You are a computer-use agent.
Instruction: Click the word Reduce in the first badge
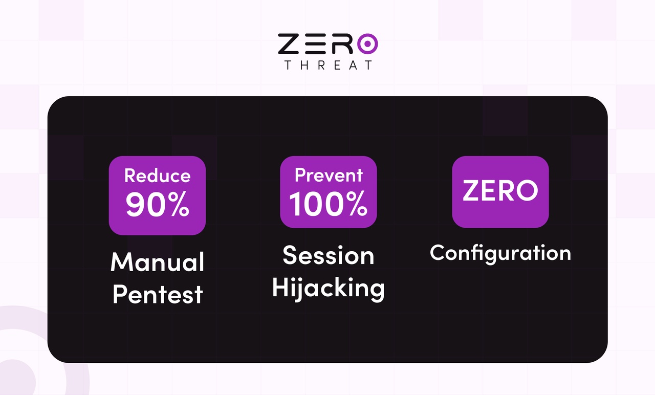click(x=157, y=175)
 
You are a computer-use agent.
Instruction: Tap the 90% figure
click(x=157, y=204)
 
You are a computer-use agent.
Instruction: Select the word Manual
click(x=157, y=262)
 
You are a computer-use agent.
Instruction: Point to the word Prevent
click(x=329, y=175)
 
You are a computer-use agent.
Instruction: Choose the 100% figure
click(x=329, y=204)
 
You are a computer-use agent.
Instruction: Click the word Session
click(x=329, y=255)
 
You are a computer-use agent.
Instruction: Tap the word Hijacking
click(x=329, y=288)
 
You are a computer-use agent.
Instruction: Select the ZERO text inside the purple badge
click(x=500, y=191)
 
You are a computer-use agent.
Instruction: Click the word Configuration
click(x=500, y=253)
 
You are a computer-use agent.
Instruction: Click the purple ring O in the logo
click(x=366, y=44)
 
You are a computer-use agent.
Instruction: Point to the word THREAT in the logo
click(x=328, y=65)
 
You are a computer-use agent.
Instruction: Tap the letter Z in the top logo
click(x=289, y=44)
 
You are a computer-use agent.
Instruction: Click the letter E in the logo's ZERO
click(x=315, y=44)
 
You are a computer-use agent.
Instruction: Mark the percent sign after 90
click(x=177, y=205)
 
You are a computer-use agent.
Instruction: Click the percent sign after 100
click(x=355, y=204)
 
